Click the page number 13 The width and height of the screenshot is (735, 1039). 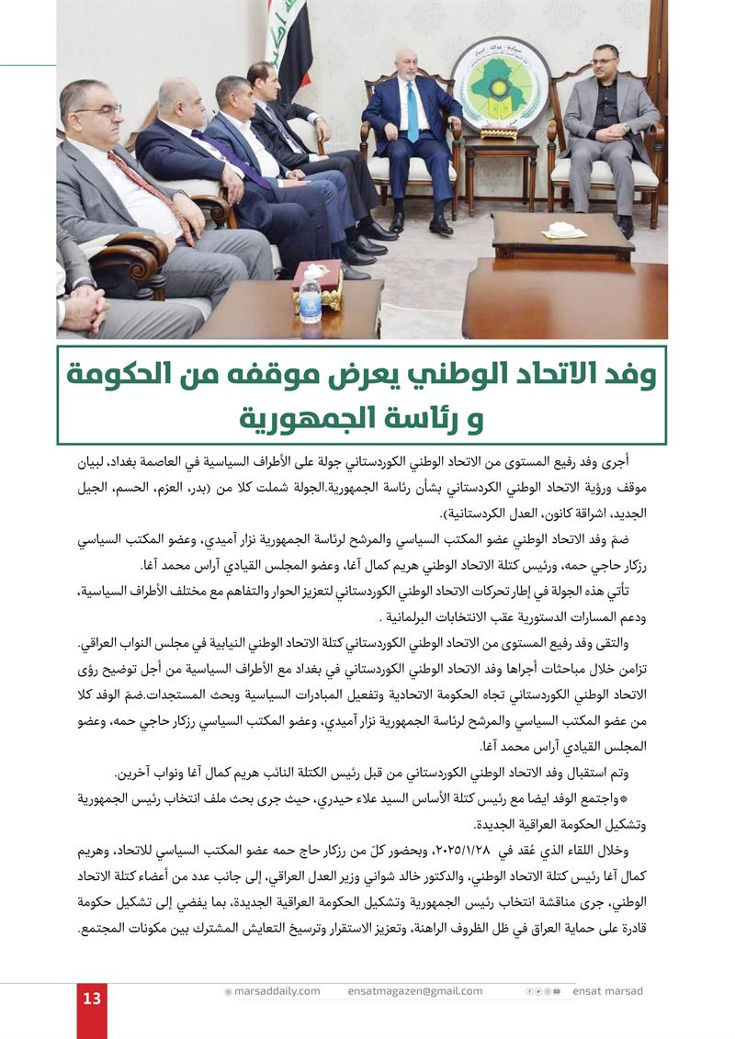pos(92,999)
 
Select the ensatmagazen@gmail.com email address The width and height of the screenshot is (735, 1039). pos(414,991)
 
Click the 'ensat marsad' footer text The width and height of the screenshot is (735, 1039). pos(607,991)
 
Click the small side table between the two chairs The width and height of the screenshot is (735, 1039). pos(501,152)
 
